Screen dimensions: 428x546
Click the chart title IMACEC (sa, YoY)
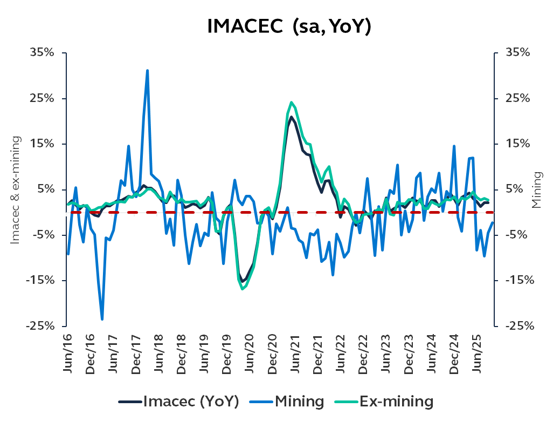(289, 26)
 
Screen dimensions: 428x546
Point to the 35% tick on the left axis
(42, 53)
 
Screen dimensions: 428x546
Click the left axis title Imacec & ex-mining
(16, 189)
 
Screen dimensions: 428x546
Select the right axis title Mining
(536, 189)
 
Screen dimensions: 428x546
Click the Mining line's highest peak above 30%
(147, 71)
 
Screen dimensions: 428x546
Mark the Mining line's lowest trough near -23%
(102, 319)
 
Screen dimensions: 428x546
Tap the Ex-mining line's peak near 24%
(291, 102)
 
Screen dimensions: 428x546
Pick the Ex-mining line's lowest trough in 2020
(243, 289)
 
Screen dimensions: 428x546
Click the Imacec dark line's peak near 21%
(291, 117)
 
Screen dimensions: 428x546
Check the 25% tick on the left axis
(42, 99)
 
